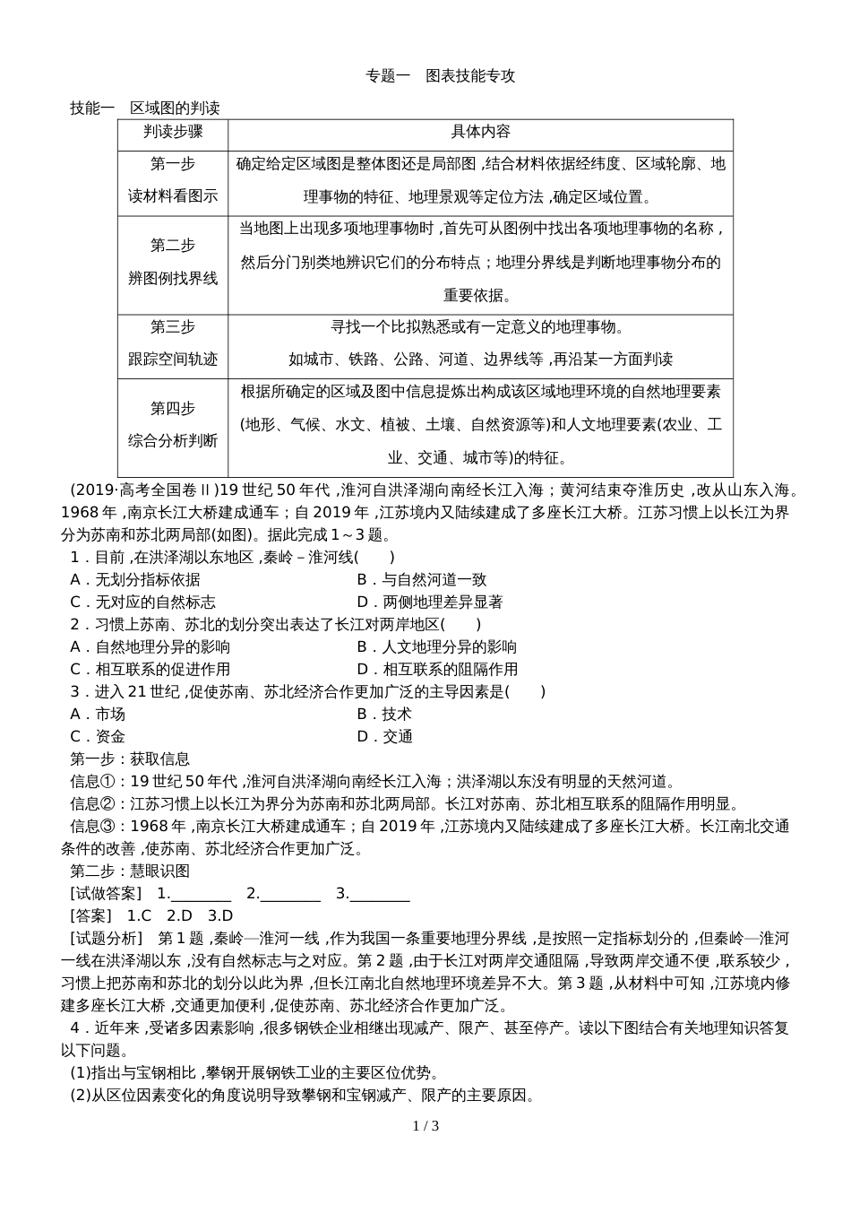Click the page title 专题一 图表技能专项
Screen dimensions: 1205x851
click(441, 76)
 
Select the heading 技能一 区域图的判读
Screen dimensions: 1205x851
click(145, 108)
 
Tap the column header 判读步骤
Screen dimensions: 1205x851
click(173, 133)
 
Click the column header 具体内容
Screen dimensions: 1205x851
click(480, 133)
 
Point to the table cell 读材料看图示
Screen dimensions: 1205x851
click(173, 196)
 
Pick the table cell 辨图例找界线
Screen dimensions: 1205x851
click(173, 278)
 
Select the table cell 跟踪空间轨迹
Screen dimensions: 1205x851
click(173, 360)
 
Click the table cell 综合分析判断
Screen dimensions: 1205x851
click(173, 440)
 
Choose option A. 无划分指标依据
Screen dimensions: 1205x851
click(135, 580)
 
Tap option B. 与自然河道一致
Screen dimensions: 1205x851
click(422, 580)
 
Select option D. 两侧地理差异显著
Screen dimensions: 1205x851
click(430, 602)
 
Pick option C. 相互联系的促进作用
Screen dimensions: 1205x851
click(150, 670)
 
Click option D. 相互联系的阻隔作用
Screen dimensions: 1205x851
click(437, 670)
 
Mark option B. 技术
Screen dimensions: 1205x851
click(384, 715)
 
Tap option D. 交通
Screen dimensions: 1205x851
click(384, 737)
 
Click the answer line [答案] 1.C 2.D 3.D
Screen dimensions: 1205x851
click(151, 916)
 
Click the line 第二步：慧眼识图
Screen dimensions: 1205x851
click(130, 871)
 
